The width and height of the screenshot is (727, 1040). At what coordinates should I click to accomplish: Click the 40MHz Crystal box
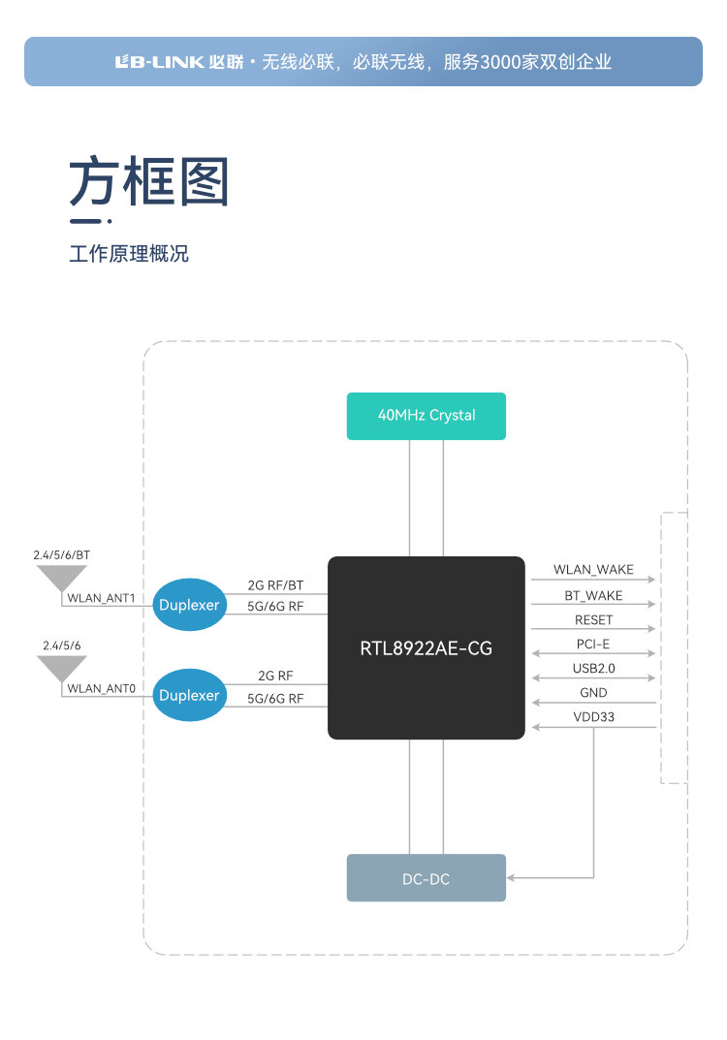pos(427,416)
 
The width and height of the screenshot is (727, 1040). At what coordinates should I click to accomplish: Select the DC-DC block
pos(427,878)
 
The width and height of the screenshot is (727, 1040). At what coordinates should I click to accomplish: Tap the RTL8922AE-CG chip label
pos(427,647)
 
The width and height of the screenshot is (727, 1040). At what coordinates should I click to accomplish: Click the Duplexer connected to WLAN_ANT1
pos(190,606)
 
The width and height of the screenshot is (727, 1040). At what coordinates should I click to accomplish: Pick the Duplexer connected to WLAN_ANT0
pos(190,695)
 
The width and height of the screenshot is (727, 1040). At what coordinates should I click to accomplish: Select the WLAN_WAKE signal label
pos(593,570)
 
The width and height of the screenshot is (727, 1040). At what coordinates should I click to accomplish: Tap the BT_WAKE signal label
pos(593,595)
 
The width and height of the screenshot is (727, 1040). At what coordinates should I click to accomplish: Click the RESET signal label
pos(593,620)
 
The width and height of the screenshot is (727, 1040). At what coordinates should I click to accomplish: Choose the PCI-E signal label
pos(593,645)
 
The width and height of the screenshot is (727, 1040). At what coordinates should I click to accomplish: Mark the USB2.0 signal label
pos(593,669)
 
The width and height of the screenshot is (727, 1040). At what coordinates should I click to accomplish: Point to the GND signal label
pos(593,693)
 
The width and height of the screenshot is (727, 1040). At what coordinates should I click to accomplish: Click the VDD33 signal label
pos(593,717)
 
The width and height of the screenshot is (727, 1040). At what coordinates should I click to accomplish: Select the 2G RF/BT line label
pos(275,586)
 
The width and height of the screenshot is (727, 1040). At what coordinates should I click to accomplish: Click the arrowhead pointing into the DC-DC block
pos(512,878)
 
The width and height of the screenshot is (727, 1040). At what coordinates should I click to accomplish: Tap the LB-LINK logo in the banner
pos(159,62)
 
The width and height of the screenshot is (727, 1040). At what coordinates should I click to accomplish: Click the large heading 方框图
pos(148,181)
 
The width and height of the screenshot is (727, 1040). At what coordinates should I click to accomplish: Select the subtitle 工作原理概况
pos(129,255)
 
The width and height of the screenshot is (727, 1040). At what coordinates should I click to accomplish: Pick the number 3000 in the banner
pos(504,62)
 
